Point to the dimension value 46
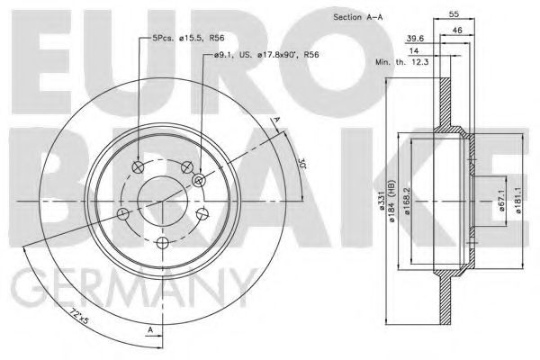(459, 30)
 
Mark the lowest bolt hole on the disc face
(163, 244)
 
